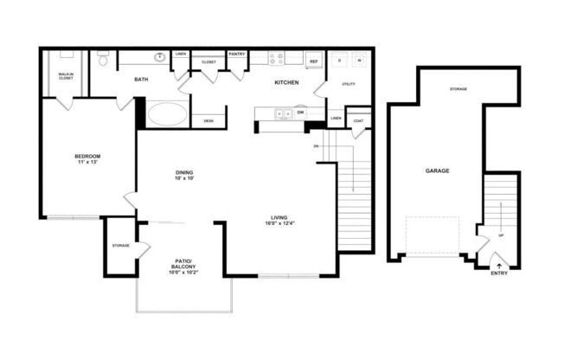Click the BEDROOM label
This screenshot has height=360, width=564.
pos(87,156)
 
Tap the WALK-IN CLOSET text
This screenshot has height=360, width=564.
pos(66,75)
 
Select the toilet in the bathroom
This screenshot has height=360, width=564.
pos(102,60)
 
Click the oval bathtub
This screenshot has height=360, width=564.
pos(167,114)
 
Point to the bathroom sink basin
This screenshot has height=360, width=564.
pos(160,59)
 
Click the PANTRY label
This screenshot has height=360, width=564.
pos(237,54)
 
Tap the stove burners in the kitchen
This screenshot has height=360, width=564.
pos(276,60)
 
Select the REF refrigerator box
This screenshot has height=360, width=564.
pos(313,61)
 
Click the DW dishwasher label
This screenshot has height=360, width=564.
pos(300,112)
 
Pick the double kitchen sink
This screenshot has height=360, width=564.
pos(281,112)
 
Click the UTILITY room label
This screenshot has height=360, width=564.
pos(349,84)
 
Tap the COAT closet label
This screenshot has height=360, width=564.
pos(358,121)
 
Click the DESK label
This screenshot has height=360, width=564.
pos(208,121)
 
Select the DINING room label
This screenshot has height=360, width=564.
pos(183,172)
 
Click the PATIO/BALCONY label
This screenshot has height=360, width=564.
pos(183,264)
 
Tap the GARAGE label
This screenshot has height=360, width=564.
pos(437,171)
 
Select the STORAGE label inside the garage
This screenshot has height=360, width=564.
pos(458,89)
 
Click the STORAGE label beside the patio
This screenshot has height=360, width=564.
pos(120,246)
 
